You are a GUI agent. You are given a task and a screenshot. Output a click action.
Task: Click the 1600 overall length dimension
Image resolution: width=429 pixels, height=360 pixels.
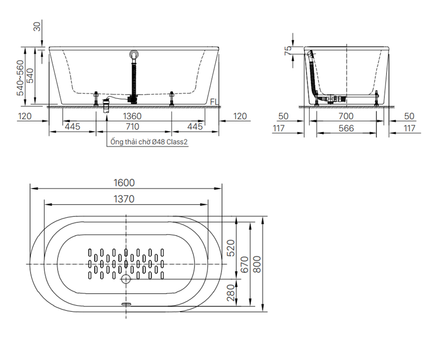point(124,183)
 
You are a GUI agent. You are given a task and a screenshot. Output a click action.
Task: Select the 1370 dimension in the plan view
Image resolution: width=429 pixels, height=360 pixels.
point(124,199)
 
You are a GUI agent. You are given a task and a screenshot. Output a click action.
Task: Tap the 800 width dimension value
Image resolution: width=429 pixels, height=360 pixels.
point(257,264)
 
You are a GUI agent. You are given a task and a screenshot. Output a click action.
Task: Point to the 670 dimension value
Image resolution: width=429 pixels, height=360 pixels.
point(244,264)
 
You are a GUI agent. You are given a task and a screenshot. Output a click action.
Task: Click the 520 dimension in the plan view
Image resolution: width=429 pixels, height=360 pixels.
point(231,248)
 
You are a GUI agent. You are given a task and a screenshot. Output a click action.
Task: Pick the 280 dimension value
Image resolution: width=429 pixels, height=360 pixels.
point(231,293)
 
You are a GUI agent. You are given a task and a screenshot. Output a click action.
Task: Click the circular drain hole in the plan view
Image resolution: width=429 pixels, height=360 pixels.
point(126,279)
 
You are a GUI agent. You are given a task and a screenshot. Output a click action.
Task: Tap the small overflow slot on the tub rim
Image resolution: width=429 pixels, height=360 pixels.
point(126,304)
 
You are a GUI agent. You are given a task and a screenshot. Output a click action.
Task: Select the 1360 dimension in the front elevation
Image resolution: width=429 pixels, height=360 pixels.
point(132,116)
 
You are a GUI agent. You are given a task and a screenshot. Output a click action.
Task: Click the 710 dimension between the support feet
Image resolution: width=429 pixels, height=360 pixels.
point(132,127)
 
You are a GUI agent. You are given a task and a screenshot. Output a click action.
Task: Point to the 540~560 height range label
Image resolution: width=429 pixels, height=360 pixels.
point(20,78)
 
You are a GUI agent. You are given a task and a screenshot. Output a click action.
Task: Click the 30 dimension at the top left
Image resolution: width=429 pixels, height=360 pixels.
point(37,26)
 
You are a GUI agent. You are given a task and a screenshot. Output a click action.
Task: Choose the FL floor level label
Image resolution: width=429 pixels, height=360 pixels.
point(215,102)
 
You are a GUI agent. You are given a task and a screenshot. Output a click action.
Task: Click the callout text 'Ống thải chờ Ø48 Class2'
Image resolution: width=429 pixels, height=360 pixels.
point(149,142)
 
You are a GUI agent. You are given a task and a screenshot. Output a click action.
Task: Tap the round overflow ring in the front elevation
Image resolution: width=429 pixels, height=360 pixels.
point(134,54)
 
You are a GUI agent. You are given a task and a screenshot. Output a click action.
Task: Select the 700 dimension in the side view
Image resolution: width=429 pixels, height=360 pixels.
point(346,116)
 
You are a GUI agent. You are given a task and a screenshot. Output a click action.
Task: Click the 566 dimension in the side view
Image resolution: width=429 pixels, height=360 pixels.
point(346,128)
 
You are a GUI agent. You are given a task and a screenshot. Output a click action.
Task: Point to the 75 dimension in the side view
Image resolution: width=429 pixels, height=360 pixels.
point(288,51)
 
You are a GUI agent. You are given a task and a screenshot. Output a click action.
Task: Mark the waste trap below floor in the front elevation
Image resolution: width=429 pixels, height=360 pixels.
point(106,107)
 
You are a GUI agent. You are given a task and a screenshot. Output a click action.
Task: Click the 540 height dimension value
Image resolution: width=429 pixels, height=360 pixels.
point(30,76)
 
